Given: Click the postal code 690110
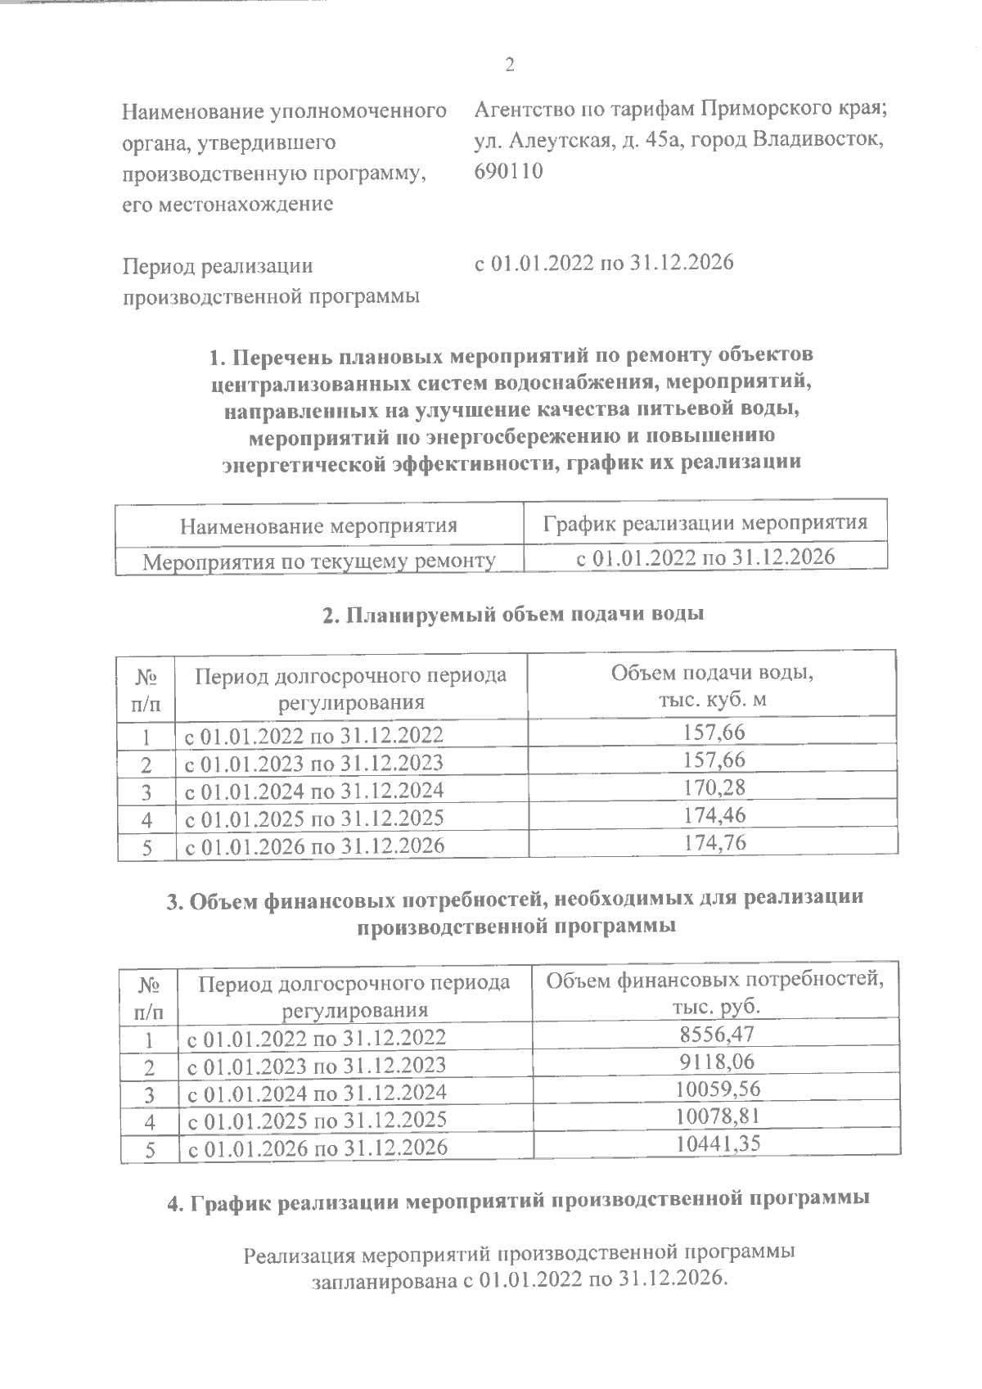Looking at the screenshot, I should coord(508,172).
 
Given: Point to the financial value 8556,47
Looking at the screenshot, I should coord(717,1034).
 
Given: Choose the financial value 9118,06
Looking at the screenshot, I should coord(717,1062).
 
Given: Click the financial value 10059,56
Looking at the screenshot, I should coord(717,1089).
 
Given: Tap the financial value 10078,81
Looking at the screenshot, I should coord(717,1116).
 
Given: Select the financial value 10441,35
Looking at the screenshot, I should coord(717,1143).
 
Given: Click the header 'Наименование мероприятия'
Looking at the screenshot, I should coord(318,525).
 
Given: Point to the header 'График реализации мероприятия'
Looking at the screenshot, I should coord(705,522).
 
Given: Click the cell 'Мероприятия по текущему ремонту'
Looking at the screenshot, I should coord(319,561).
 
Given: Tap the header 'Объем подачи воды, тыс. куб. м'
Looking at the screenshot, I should coord(713,686).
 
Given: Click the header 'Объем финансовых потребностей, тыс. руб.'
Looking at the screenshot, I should coord(715,992).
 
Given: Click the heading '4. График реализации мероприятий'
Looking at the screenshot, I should coord(517,1201).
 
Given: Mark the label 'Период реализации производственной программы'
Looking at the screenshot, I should coord(271,281).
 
